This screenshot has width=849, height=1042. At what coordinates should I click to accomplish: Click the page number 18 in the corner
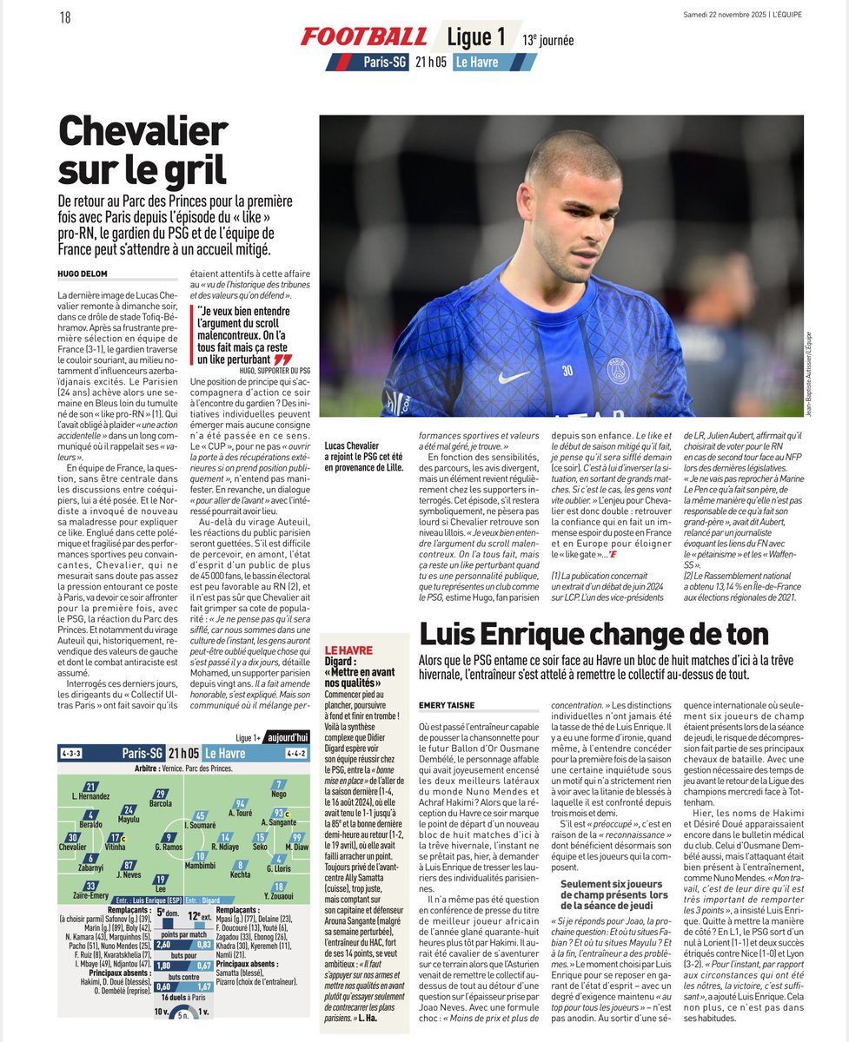(x=65, y=17)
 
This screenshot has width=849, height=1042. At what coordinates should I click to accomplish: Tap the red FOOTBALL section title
(x=364, y=36)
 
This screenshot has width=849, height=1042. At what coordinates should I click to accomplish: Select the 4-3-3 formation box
(x=71, y=753)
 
